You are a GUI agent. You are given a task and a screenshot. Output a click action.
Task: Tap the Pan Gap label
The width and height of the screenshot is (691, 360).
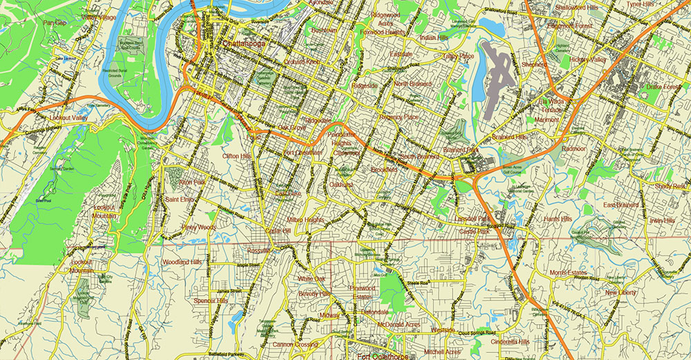55,23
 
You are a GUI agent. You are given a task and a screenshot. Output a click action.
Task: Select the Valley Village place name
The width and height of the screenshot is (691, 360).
98,17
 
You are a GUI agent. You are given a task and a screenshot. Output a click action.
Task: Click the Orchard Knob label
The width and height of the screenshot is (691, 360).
303,62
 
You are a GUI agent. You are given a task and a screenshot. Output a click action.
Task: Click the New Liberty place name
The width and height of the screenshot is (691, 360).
621,293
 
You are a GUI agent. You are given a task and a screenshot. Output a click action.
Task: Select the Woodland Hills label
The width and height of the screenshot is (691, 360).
181,263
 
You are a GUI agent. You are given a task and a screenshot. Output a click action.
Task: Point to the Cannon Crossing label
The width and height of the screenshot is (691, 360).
296,344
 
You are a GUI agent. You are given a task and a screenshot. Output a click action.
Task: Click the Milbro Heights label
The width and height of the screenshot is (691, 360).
305,220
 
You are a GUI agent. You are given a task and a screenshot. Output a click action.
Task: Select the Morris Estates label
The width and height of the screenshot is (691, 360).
568,272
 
